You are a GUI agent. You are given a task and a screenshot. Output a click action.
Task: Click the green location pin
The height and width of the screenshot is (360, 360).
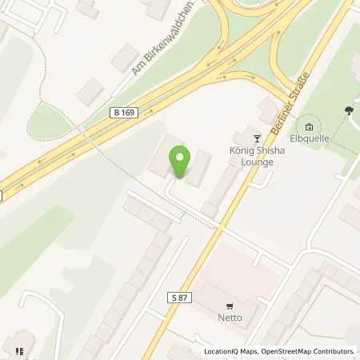click(x=179, y=162)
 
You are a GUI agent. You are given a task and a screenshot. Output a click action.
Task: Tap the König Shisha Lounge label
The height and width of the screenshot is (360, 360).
click(x=257, y=156)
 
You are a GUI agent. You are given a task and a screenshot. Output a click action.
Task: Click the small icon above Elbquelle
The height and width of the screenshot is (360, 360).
click(x=310, y=126)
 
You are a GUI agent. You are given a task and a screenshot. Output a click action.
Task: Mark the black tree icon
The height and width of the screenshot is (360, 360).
click(x=349, y=110)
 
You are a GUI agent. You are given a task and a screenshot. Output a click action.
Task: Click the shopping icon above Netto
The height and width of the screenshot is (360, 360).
click(x=230, y=305)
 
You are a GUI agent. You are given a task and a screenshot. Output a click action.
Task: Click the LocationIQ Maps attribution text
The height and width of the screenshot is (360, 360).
click(x=230, y=351)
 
